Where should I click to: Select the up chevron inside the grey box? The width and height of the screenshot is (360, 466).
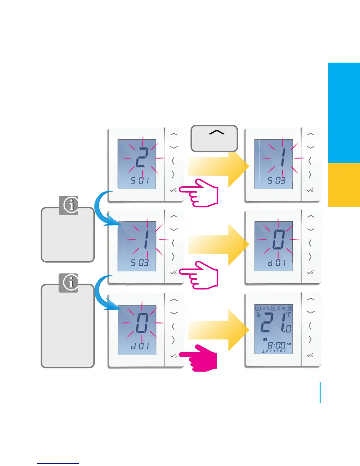pos(216,133)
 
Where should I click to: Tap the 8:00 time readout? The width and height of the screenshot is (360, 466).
pos(276,345)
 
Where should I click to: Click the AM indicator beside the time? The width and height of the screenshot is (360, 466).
pos(289,344)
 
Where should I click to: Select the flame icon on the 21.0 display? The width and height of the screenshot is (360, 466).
pos(258,315)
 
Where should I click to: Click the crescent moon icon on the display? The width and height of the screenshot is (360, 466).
pos(268,308)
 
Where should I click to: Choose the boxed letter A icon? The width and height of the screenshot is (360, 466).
pos(274,308)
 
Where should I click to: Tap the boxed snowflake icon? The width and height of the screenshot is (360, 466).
pos(289,308)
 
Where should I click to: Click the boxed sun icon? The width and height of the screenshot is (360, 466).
pos(258,308)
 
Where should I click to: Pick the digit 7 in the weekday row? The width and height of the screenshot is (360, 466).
pos(285,351)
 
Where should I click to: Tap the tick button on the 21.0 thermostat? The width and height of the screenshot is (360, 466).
pos(310,355)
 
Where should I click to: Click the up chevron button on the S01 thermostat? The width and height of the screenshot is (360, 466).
pos(174,134)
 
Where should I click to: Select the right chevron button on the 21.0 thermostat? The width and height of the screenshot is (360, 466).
pos(310,339)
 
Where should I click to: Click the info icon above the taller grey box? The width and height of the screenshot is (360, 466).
pos(68,283)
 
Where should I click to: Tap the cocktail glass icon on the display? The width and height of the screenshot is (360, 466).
pos(279,308)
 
